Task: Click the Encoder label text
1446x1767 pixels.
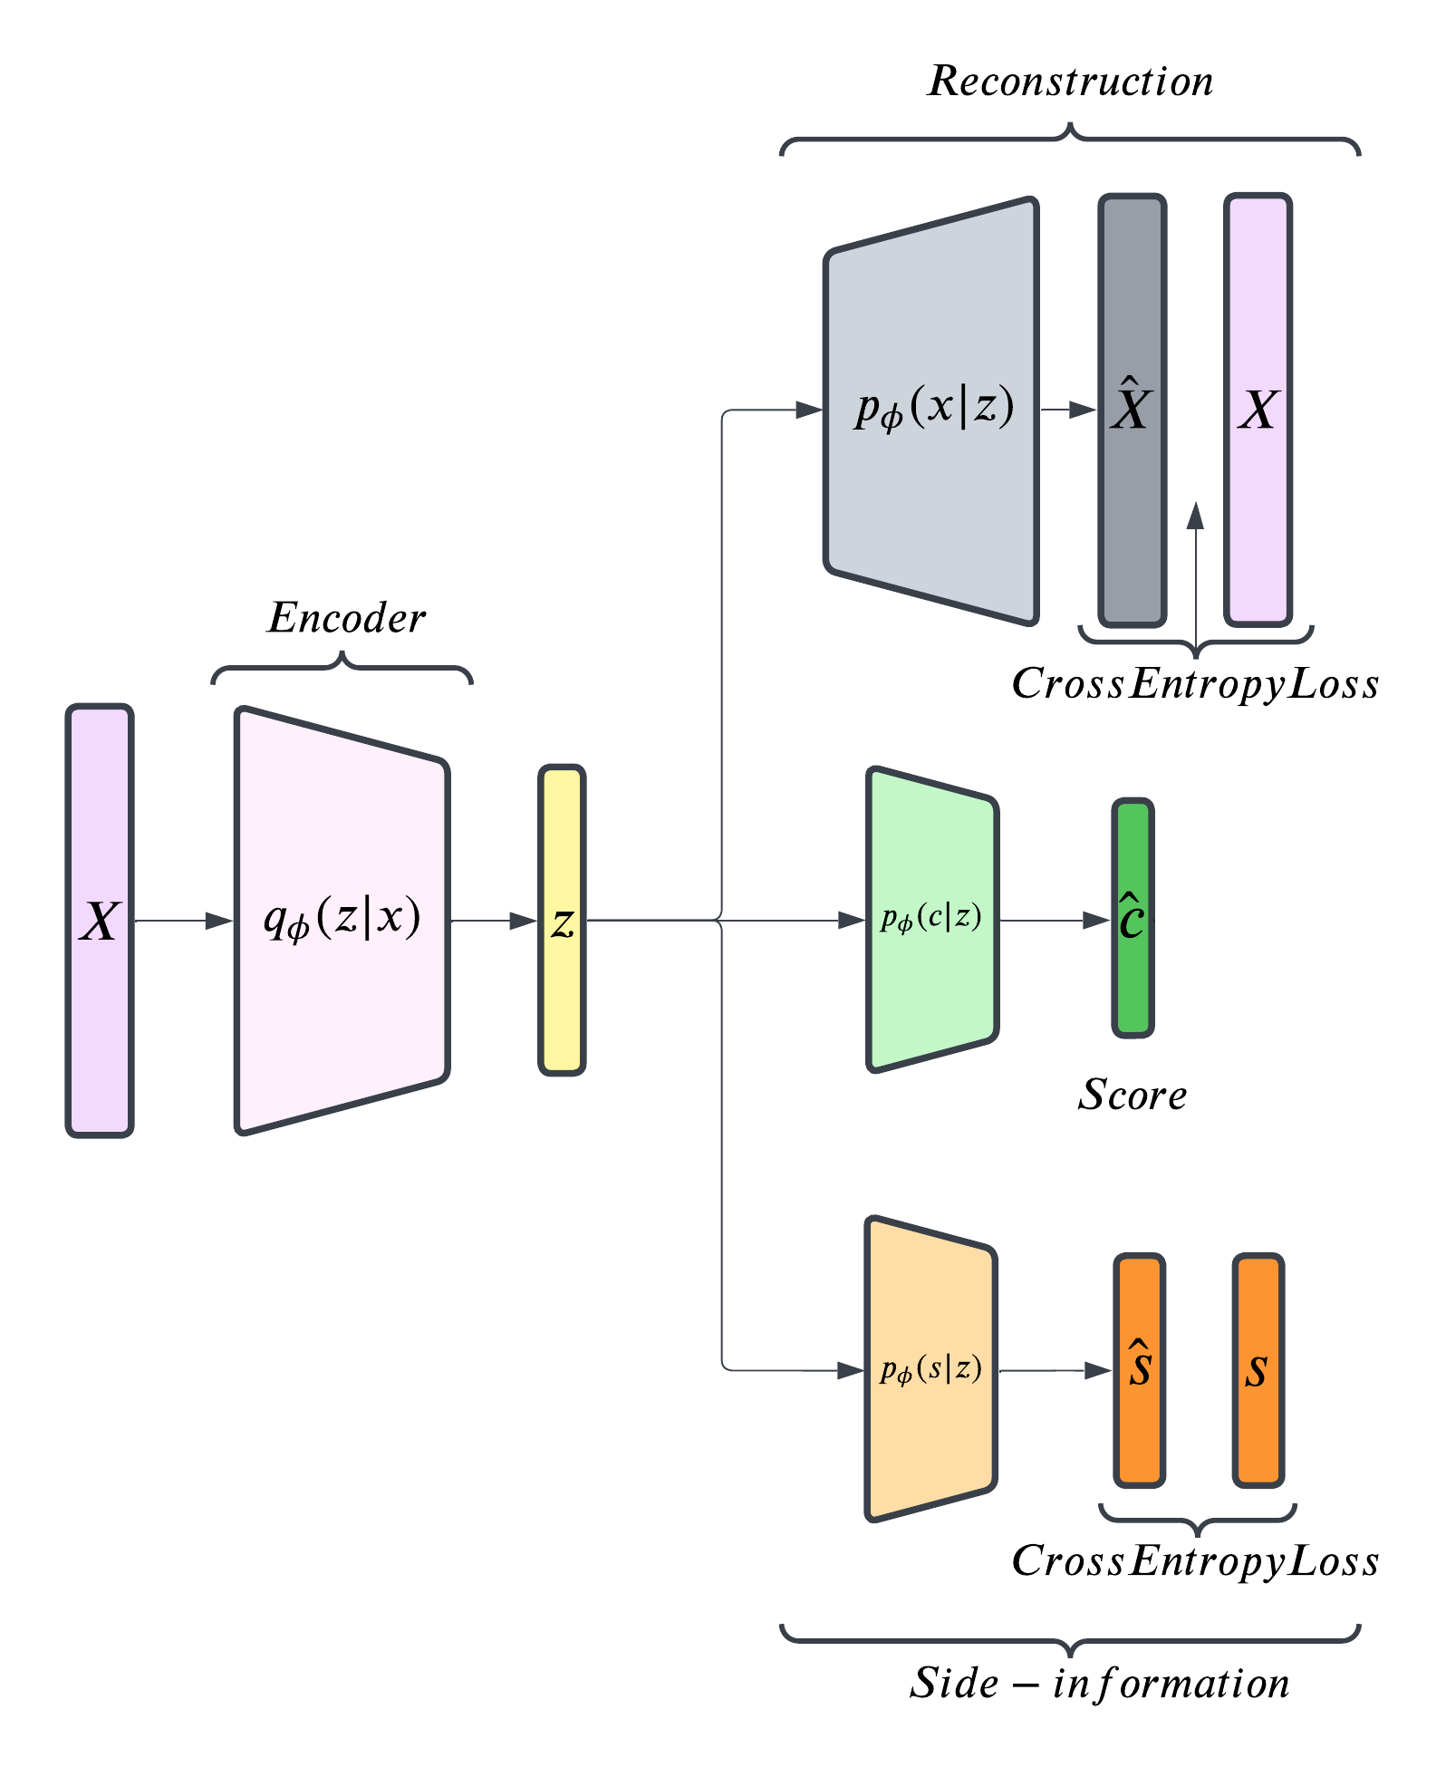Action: [x=346, y=619]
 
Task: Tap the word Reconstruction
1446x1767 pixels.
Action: [x=1070, y=82]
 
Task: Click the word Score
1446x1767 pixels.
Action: [x=1132, y=1096]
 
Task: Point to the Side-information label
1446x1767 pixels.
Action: [x=1099, y=1684]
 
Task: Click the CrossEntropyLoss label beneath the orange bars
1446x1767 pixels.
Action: [x=1195, y=1561]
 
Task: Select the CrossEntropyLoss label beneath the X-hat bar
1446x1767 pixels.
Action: [x=1195, y=684]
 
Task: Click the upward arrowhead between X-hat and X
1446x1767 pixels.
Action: [x=1195, y=516]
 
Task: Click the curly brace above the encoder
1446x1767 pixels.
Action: [x=342, y=668]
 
